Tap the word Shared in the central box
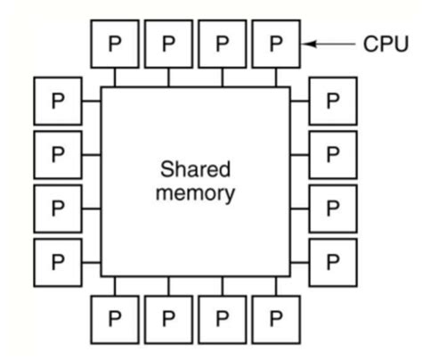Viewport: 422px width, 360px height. [x=195, y=168]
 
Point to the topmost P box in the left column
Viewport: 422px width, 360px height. [x=58, y=100]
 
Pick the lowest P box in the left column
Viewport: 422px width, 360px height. [x=58, y=262]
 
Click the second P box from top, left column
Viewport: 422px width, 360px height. [x=58, y=154]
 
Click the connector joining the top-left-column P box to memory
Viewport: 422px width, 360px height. [x=91, y=100]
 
